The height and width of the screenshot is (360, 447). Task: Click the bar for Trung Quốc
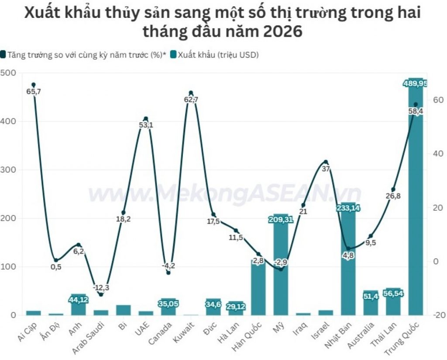(x=415, y=197)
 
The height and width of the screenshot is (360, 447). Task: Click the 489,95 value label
(x=415, y=84)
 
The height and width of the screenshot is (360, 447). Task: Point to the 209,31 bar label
(x=281, y=220)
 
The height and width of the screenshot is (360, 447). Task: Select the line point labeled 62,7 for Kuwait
(x=191, y=93)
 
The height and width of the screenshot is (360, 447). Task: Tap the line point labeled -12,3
(x=101, y=294)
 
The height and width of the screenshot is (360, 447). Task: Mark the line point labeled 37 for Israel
(x=326, y=162)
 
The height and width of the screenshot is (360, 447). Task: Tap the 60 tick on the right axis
(x=438, y=100)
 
